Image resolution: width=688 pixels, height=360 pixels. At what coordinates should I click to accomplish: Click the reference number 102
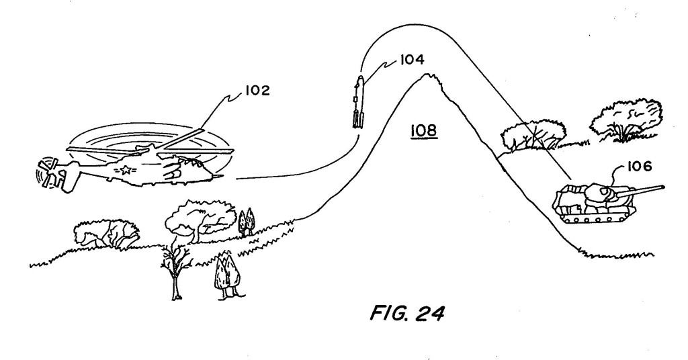[254, 91]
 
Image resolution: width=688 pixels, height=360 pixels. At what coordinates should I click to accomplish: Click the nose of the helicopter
[218, 176]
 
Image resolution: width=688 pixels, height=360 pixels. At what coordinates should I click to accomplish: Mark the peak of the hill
[425, 75]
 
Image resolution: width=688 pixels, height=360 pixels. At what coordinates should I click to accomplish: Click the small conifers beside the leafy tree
[247, 222]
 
